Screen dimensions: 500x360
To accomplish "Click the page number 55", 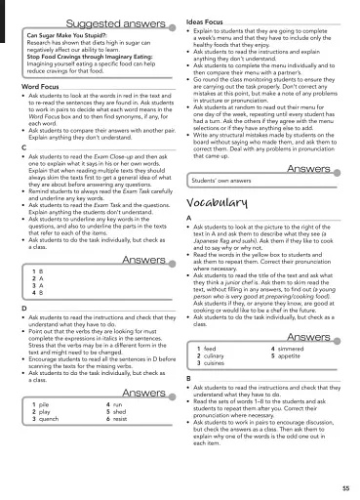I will [345, 486].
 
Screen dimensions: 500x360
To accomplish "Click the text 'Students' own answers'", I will [221, 182].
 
